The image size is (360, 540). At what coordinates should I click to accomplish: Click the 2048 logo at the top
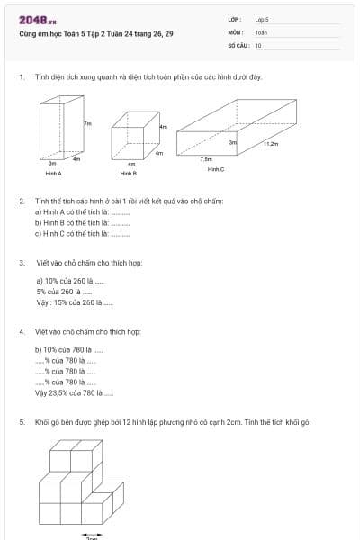(x=35, y=20)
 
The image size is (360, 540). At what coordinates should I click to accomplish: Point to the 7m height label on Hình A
(x=87, y=123)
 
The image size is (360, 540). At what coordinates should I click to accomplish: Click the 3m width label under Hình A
(x=51, y=164)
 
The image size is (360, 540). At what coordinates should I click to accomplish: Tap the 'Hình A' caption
(x=53, y=173)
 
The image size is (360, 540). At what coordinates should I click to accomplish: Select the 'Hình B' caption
(x=128, y=173)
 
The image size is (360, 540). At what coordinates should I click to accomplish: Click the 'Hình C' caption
(x=215, y=168)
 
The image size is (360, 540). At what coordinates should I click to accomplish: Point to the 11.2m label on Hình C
(x=272, y=143)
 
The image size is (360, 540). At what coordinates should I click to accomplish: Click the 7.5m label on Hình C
(x=205, y=158)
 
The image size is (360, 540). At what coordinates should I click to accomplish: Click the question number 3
(x=21, y=263)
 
